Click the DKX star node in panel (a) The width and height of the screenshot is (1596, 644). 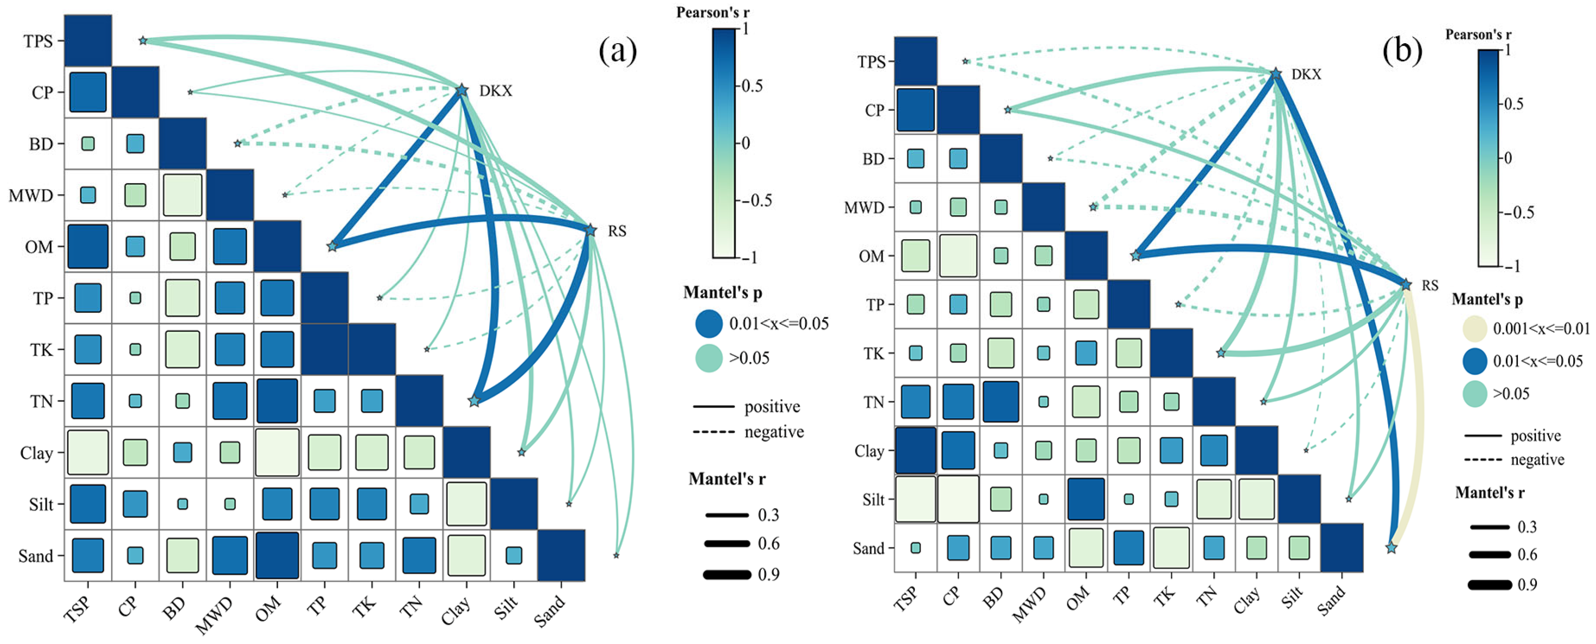tap(462, 91)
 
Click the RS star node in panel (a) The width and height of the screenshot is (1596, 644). tap(591, 230)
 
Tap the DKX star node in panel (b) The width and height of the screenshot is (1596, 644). tap(1276, 74)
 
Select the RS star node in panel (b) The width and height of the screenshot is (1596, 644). tap(1406, 285)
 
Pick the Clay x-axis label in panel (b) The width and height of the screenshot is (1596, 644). tap(1247, 601)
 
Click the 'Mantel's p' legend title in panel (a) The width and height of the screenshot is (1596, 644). tap(722, 293)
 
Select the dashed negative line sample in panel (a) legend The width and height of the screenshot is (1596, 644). tap(714, 432)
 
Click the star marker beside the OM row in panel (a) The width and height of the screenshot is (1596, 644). tap(332, 246)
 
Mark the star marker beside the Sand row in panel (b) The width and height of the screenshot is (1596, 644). tap(1391, 548)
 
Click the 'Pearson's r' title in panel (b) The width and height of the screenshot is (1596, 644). tap(1478, 35)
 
